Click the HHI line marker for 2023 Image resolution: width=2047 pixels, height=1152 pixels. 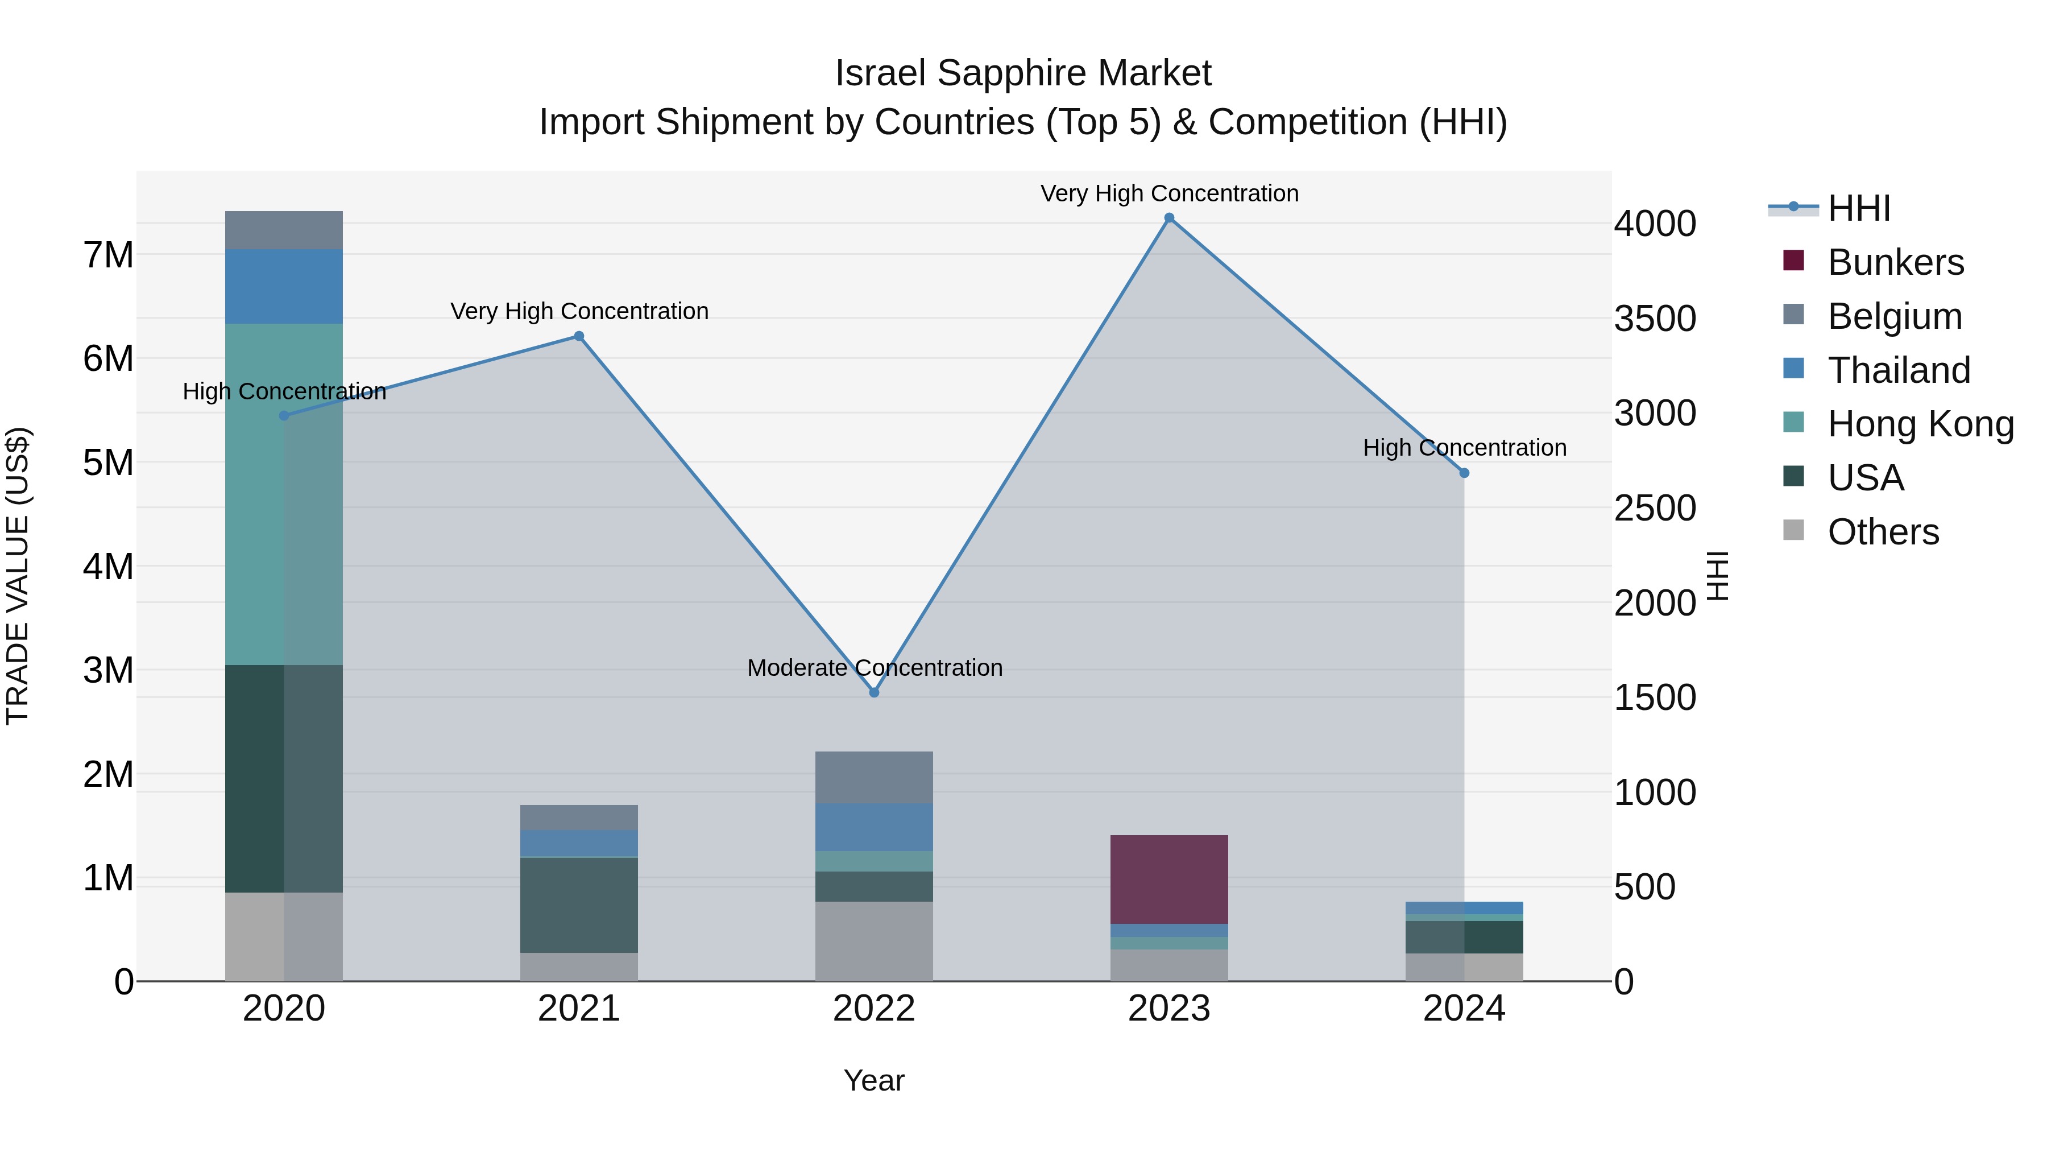[x=1169, y=218]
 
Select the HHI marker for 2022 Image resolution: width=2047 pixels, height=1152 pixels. [x=874, y=692]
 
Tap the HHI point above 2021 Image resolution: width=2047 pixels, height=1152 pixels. [x=579, y=336]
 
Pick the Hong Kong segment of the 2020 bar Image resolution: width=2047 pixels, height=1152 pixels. [x=284, y=493]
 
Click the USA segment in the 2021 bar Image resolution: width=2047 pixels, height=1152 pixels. [x=579, y=905]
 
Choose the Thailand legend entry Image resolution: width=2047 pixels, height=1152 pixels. [x=1899, y=370]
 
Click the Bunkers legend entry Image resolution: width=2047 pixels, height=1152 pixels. [x=1895, y=262]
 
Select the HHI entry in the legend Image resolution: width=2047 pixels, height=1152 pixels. [x=1858, y=208]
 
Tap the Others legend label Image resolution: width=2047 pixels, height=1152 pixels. [x=1883, y=532]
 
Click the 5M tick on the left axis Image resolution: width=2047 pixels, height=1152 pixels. [x=109, y=463]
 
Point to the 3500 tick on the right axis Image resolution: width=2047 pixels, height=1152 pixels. [x=1655, y=319]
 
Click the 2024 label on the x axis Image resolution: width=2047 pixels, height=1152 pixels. [x=1464, y=1009]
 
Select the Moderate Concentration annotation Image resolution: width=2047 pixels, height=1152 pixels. [x=874, y=668]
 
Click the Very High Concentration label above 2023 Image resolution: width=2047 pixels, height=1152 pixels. [x=1169, y=193]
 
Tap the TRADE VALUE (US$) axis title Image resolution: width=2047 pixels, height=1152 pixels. [x=18, y=576]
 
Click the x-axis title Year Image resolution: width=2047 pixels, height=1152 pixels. [x=874, y=1080]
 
